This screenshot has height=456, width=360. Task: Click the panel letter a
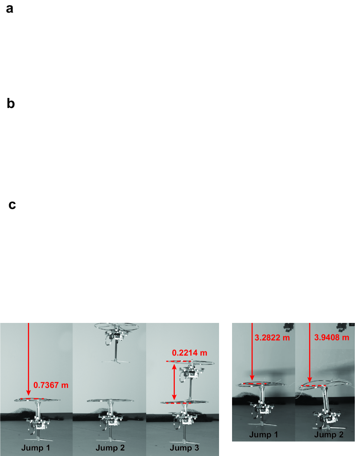(x=10, y=8)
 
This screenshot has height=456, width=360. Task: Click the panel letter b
(x=11, y=103)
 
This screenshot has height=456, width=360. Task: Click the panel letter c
(x=12, y=205)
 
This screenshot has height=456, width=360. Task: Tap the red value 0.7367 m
(x=51, y=385)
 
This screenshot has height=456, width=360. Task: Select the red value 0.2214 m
(x=190, y=353)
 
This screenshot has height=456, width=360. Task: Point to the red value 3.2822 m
(x=272, y=337)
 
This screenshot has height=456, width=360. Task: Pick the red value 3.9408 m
(x=331, y=337)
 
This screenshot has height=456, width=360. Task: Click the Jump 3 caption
(x=184, y=448)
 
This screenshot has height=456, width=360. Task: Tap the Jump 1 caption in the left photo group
(x=36, y=448)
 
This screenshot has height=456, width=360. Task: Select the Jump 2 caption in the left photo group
(x=110, y=448)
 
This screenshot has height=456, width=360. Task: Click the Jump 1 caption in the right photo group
(x=263, y=434)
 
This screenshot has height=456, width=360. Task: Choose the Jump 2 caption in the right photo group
(x=329, y=434)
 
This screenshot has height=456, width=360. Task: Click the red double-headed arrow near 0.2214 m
(x=174, y=382)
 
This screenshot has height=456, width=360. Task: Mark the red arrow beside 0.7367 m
(x=29, y=359)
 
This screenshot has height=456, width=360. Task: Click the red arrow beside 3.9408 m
(x=309, y=352)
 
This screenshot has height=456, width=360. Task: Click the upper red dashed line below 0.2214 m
(x=179, y=362)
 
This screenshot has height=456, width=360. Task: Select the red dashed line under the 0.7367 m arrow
(x=32, y=399)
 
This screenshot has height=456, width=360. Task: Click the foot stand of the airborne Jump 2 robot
(x=116, y=362)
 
